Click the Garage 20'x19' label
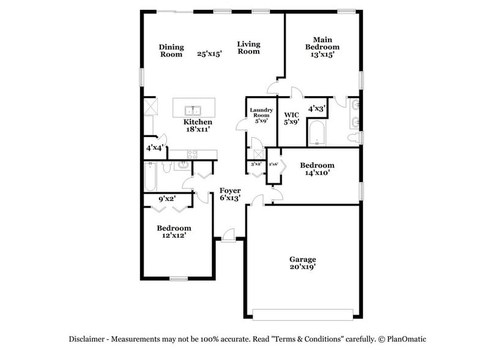pos(303,263)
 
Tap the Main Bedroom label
pos(322,47)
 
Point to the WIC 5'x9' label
pos(291,118)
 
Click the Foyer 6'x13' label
pos(230,194)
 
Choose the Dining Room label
pos(171,50)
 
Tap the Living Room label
pos(248,48)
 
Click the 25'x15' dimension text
pos(209,54)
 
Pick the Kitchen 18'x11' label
pos(198,126)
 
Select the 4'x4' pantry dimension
pos(154,148)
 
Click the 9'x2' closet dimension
pos(167,199)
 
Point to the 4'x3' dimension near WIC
pos(316,108)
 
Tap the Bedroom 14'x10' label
pos(317,169)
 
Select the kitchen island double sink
pos(193,111)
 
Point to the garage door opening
pos(302,315)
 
